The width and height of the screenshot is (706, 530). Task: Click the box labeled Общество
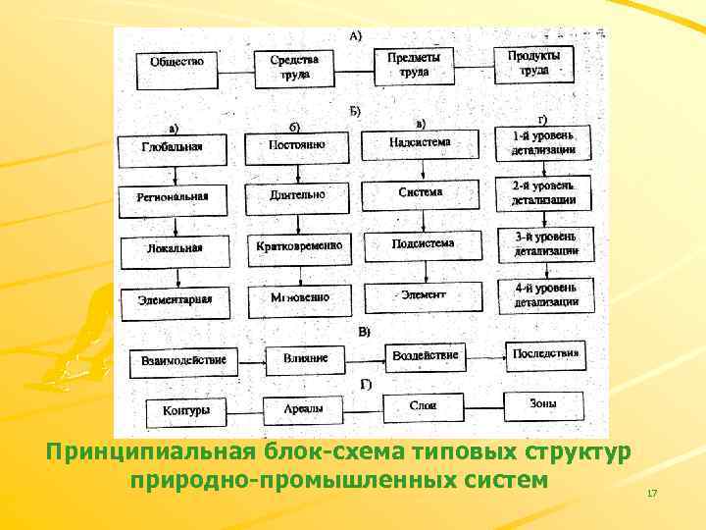(x=177, y=62)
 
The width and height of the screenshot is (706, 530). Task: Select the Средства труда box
(x=295, y=66)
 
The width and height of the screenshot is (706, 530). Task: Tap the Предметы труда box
(x=414, y=65)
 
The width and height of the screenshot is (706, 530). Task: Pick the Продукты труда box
(x=534, y=62)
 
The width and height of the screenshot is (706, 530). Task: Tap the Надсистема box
(x=421, y=143)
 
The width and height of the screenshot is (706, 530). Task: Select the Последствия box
(x=545, y=353)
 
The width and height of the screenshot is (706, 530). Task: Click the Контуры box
(x=186, y=409)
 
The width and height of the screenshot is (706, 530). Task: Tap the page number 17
(x=652, y=492)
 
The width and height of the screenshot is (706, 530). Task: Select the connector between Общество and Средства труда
(x=237, y=65)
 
